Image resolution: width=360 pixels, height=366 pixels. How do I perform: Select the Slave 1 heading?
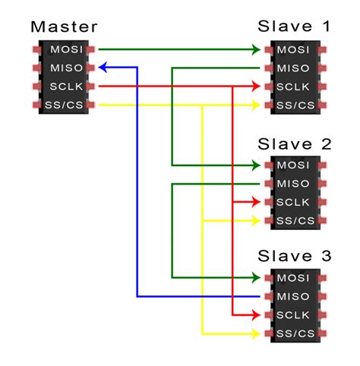[x=295, y=27]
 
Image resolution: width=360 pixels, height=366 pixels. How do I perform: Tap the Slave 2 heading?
[x=295, y=144]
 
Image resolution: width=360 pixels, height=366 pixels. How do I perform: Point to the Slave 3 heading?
[x=295, y=257]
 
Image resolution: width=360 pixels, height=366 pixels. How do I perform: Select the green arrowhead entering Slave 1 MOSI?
[x=254, y=50]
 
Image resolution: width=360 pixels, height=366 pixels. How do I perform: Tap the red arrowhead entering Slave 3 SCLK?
[x=254, y=314]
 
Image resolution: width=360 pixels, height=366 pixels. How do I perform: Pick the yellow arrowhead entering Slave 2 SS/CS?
[x=254, y=220]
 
